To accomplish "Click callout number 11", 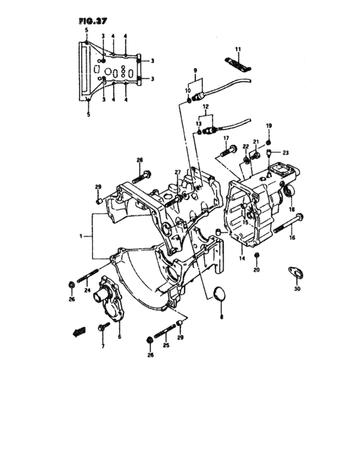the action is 238,50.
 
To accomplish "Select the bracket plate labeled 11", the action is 237,64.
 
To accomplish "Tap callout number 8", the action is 221,317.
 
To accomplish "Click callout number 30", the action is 297,289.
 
